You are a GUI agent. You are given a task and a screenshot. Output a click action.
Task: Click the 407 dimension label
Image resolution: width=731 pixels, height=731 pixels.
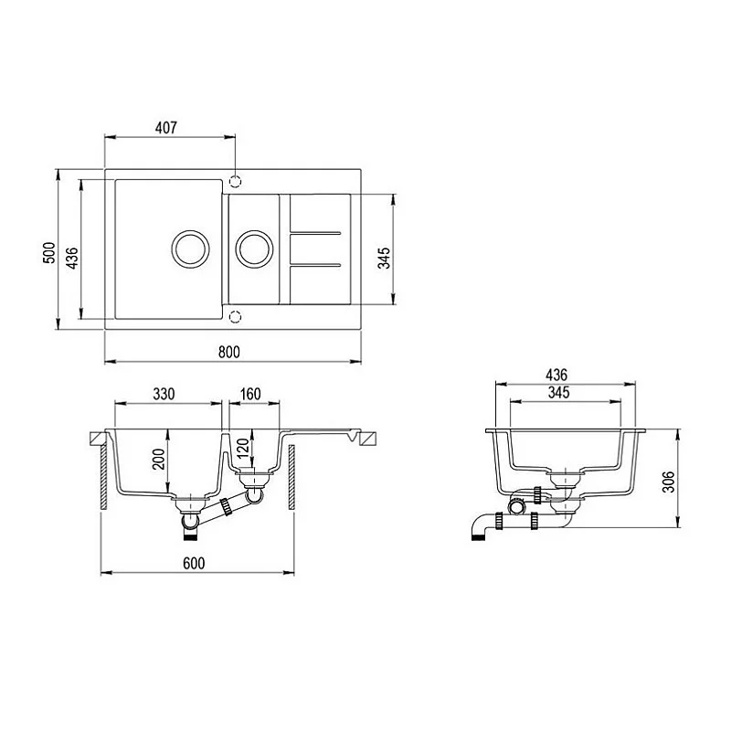(165, 127)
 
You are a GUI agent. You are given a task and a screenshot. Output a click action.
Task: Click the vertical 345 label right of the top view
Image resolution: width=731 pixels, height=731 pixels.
(385, 259)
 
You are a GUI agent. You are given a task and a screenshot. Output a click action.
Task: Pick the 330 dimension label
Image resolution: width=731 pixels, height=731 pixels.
(163, 394)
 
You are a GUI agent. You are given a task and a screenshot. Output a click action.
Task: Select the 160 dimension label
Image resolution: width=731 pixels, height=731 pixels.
(250, 394)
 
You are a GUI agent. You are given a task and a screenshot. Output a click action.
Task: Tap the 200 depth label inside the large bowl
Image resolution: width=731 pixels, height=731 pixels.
(158, 459)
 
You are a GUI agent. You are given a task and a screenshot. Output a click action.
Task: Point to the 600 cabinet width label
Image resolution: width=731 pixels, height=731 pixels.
(193, 564)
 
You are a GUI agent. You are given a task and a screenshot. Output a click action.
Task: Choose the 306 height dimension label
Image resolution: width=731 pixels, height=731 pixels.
(671, 479)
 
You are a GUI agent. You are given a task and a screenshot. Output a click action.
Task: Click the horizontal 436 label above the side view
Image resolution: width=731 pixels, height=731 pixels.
(556, 375)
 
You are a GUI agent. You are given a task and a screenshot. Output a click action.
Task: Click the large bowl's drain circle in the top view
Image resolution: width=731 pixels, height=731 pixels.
(189, 248)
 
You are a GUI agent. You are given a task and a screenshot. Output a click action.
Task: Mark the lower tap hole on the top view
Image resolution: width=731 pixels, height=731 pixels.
(235, 316)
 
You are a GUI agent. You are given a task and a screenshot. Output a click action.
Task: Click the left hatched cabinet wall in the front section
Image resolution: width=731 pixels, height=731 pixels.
(101, 475)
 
